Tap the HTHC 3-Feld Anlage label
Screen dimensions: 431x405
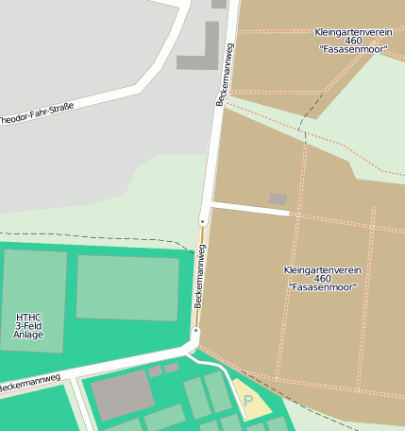(x=28, y=325)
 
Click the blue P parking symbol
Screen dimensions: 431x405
(x=248, y=401)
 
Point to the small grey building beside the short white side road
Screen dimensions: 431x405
(x=278, y=198)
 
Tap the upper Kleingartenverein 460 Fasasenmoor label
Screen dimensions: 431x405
(x=353, y=41)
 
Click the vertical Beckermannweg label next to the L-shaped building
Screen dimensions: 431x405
(x=227, y=74)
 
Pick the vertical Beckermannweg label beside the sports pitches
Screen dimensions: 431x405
(x=199, y=275)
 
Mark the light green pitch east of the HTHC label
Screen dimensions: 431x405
(x=127, y=287)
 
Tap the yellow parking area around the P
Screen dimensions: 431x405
(x=252, y=399)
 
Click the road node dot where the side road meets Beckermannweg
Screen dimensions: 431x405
(x=202, y=221)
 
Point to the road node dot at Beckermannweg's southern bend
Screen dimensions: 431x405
(x=195, y=331)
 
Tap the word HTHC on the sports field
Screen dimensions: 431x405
(x=28, y=317)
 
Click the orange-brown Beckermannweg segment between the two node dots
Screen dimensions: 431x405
(x=199, y=276)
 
